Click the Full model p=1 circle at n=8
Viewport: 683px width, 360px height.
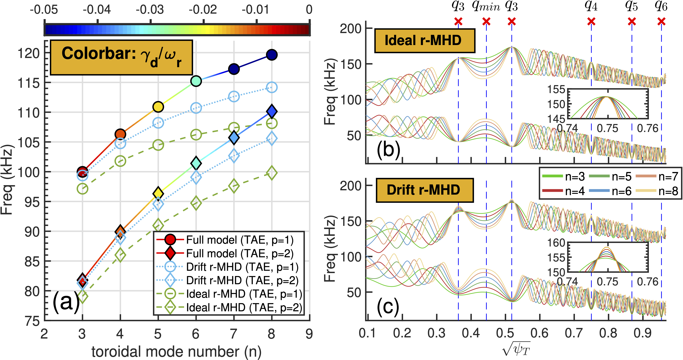(272, 55)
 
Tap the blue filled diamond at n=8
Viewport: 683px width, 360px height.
(272, 111)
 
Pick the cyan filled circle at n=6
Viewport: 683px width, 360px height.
(196, 81)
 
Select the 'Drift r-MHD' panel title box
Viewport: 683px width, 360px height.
(425, 190)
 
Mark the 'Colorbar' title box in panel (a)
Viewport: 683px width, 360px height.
(121, 58)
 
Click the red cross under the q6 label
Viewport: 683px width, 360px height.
(661, 21)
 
